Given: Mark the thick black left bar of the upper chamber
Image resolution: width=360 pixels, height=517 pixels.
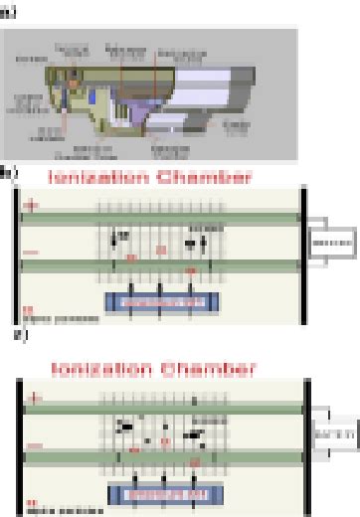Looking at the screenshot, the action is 19,254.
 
